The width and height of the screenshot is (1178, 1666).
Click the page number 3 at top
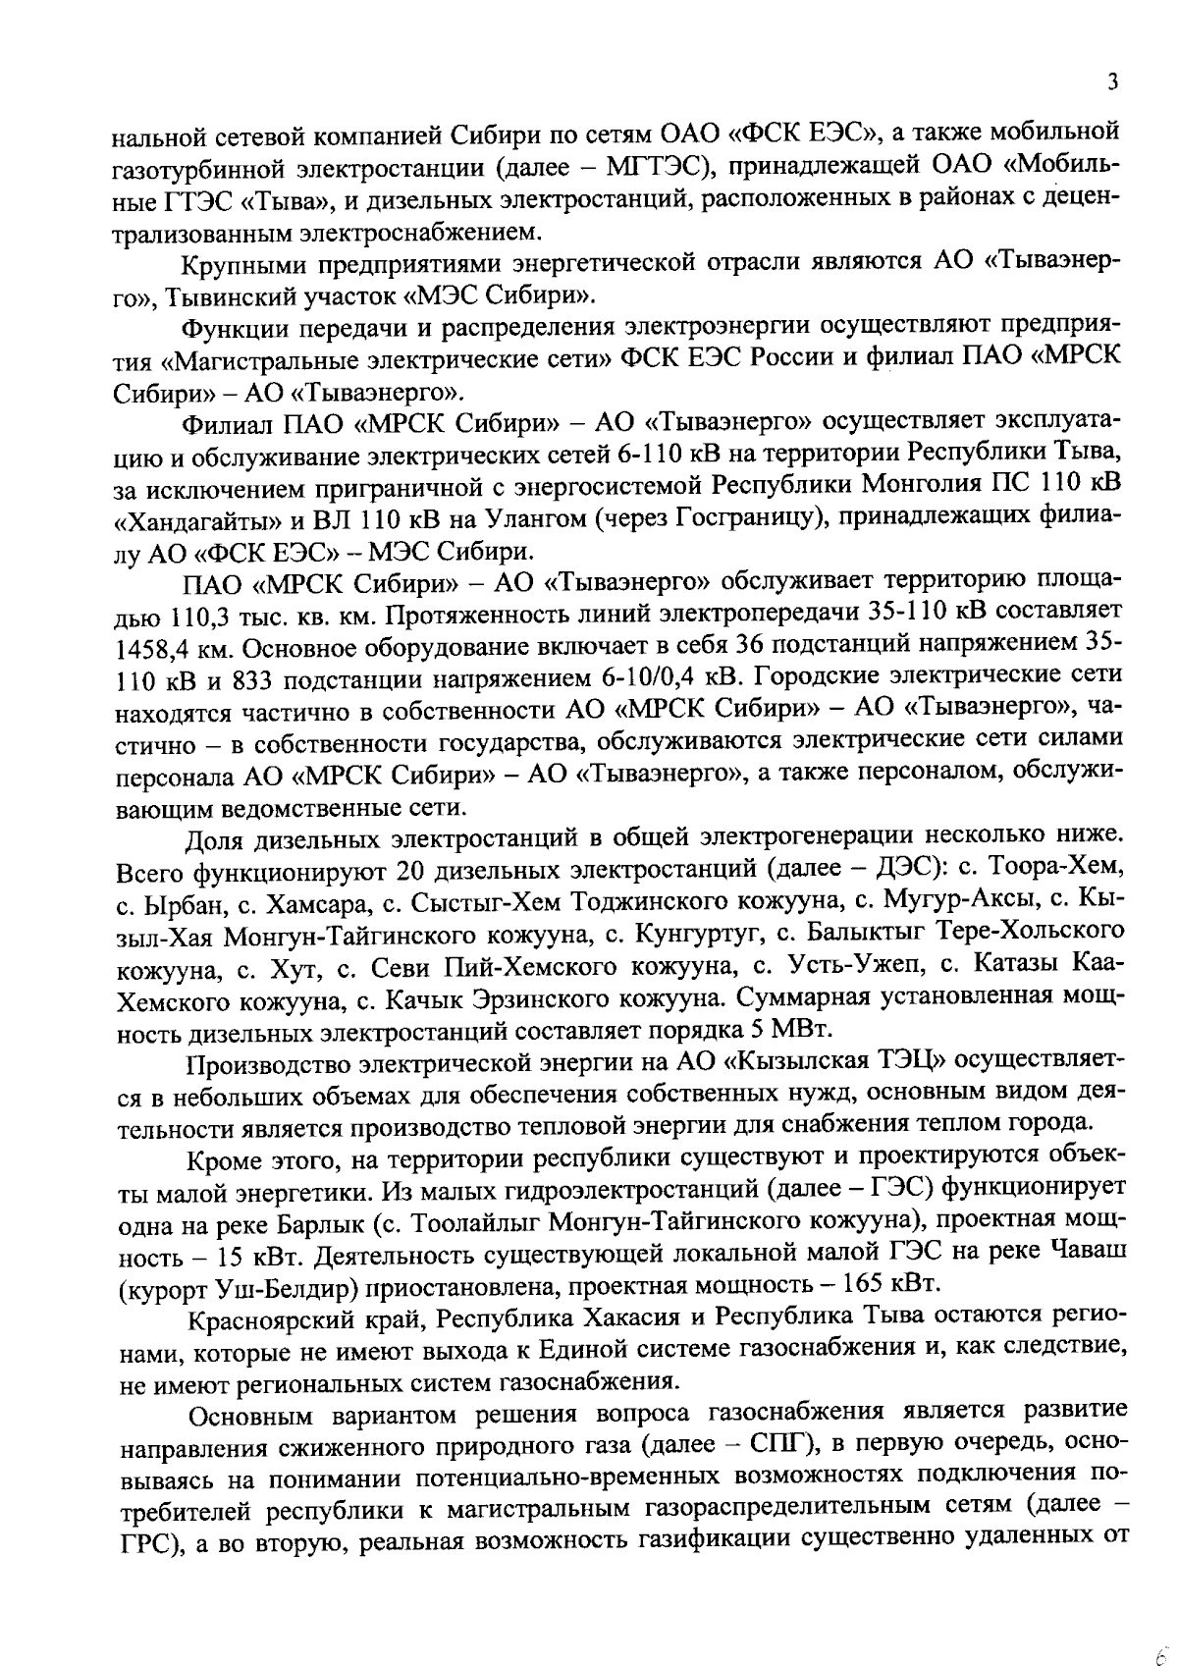pos(1112,82)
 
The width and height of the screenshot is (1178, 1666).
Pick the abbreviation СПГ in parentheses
pos(775,1446)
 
